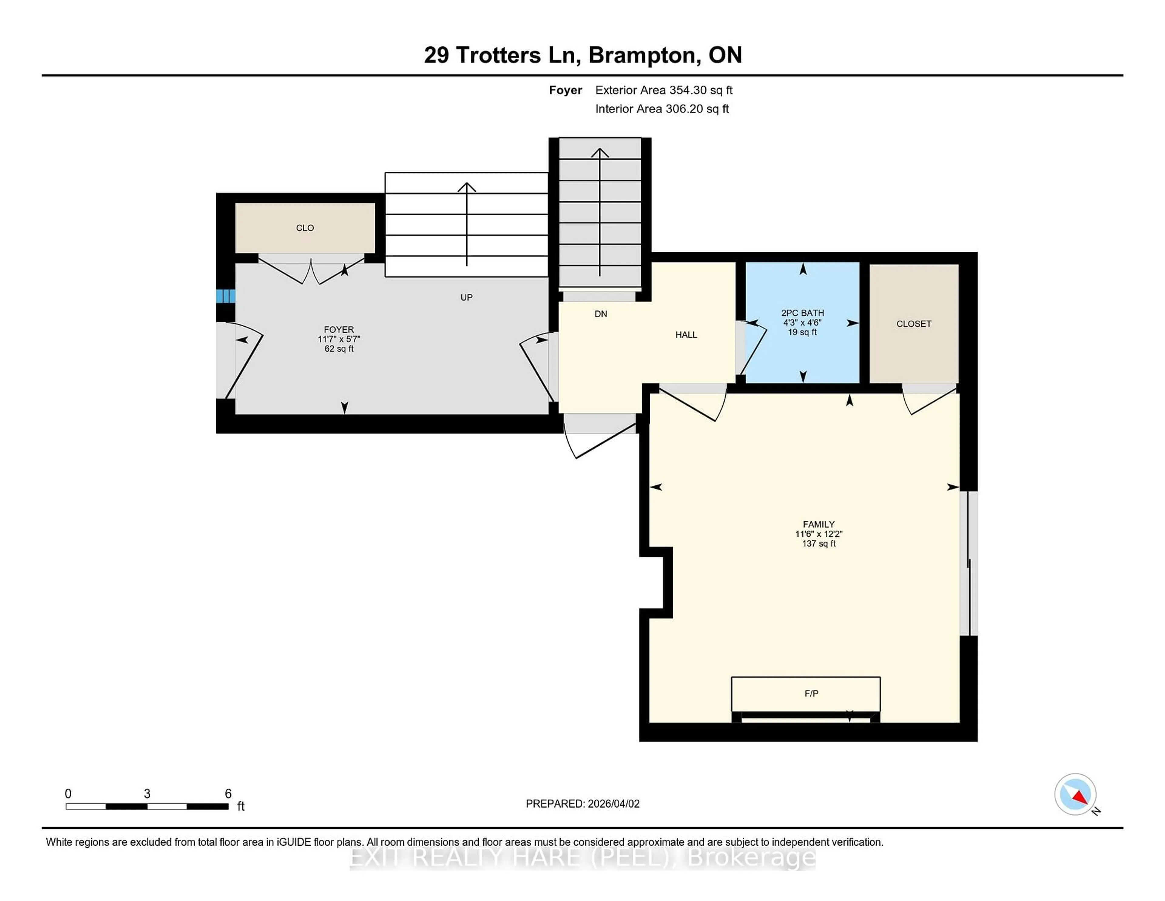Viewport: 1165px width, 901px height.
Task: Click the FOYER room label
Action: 339,329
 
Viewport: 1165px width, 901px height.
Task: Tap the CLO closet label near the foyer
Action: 305,228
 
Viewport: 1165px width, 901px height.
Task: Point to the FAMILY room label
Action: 818,524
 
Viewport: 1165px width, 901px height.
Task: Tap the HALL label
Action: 686,335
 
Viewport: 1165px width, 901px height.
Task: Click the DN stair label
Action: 601,314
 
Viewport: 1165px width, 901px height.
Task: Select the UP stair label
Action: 466,297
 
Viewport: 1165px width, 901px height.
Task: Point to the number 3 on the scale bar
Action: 147,794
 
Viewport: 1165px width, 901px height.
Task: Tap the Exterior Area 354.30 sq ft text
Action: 664,90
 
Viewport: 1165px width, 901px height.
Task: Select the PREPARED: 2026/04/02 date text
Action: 582,804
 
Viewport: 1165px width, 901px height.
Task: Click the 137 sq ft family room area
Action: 818,543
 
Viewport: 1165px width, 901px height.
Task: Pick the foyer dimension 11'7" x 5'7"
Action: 339,339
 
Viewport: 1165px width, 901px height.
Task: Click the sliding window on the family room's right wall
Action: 969,563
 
